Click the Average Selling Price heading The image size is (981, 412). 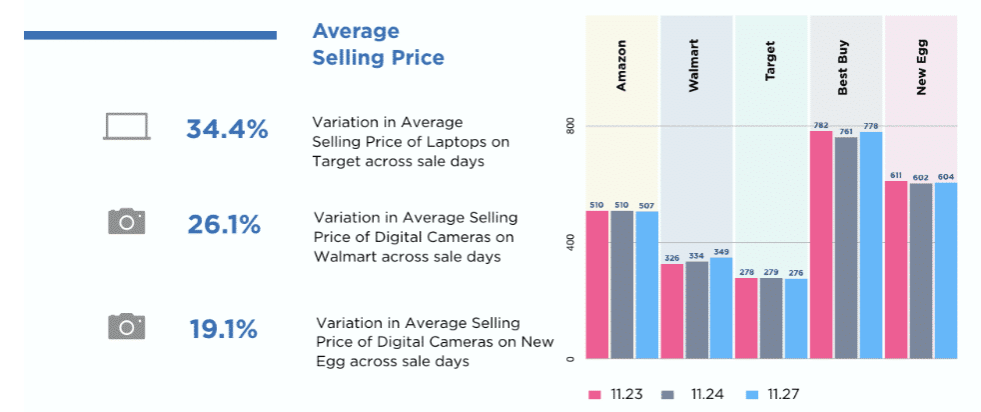378,45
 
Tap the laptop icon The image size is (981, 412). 127,127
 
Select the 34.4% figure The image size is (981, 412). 227,129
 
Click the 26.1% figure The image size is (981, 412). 224,225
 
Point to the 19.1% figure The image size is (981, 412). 224,329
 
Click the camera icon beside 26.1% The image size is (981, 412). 127,221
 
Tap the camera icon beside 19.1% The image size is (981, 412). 127,326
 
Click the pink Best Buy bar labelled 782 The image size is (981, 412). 821,244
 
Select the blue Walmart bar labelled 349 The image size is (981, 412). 721,308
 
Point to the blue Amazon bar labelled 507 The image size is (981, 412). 646,284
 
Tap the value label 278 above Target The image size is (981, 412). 745,272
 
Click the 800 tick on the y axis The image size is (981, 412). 570,127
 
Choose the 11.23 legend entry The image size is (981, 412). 615,393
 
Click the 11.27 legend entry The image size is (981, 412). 775,393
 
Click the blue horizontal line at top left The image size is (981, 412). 150,36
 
